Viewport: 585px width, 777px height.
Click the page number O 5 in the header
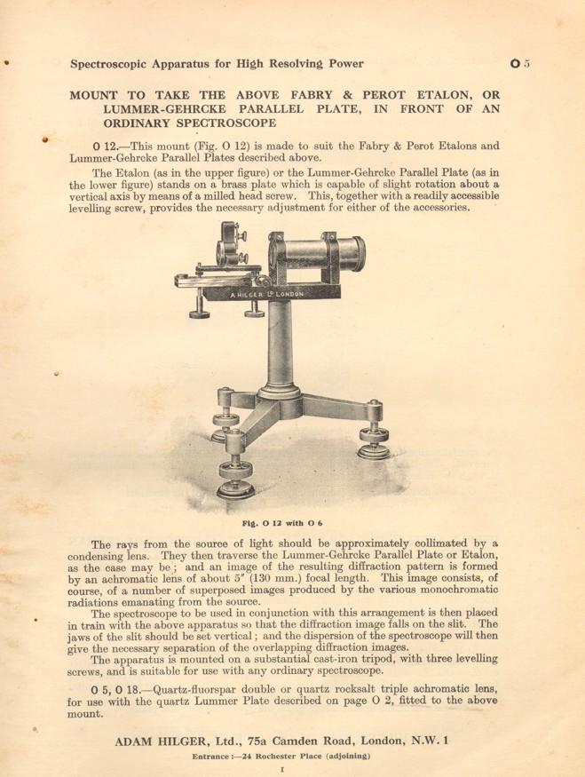point(520,63)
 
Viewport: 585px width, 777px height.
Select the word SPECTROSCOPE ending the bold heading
point(206,124)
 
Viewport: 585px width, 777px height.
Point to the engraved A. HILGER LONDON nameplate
point(266,294)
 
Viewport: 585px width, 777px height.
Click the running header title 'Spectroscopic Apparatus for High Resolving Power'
point(217,63)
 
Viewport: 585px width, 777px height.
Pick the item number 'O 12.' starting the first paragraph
point(108,147)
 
